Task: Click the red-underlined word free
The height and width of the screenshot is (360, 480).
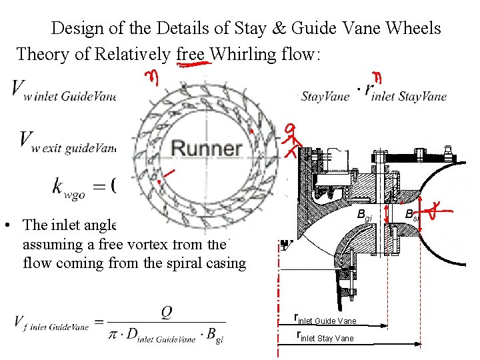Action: [x=192, y=53]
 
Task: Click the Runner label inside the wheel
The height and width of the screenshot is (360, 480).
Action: [x=206, y=148]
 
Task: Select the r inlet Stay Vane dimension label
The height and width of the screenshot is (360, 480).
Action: [x=325, y=337]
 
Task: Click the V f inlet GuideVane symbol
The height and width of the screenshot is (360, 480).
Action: [x=51, y=323]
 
